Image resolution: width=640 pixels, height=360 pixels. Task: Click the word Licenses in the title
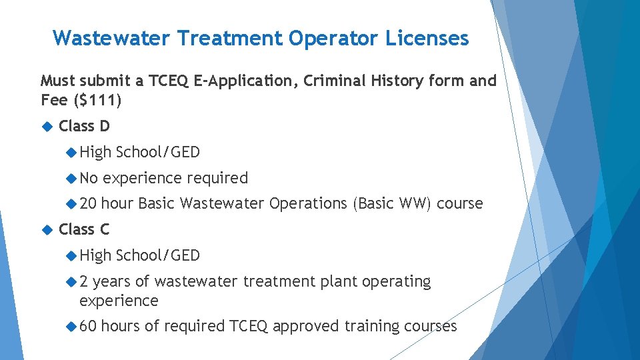pos(427,38)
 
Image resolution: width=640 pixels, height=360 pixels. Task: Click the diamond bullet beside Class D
pos(47,126)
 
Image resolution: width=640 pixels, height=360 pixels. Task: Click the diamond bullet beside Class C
pos(47,229)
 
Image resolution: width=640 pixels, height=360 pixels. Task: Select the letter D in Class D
pos(105,126)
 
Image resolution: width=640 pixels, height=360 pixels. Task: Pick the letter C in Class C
pos(105,229)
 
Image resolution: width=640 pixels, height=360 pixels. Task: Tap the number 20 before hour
pos(88,203)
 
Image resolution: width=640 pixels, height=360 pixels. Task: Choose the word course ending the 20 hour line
pos(459,203)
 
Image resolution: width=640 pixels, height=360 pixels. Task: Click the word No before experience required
pos(89,178)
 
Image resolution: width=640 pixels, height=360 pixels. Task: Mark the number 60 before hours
pos(88,326)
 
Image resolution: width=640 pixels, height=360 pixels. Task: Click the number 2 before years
pos(84,281)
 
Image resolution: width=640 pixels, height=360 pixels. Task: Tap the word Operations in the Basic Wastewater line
pos(308,203)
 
